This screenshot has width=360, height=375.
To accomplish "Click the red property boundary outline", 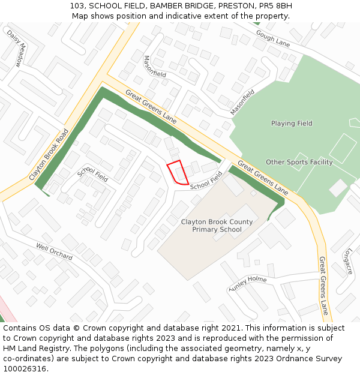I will [x=178, y=173].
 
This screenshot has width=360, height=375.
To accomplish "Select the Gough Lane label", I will [x=272, y=38].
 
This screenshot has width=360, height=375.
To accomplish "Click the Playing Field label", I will [x=292, y=124].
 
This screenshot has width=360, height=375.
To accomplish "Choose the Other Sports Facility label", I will [x=299, y=162].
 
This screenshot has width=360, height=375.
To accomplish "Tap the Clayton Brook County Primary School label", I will [x=217, y=226].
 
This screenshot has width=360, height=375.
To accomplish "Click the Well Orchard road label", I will [x=54, y=252].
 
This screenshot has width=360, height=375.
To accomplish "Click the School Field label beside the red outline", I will [x=206, y=182].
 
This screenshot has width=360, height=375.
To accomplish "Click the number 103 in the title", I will [x=76, y=6].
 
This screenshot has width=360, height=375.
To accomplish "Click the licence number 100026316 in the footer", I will [x=24, y=368].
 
